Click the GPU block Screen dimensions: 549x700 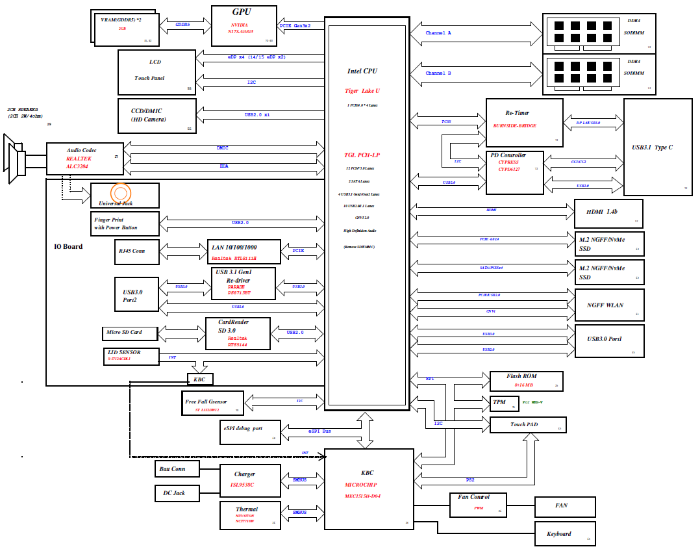244,25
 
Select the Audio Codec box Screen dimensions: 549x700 84,159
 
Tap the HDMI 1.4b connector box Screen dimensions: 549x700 608,214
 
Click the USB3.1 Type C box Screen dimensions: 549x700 657,147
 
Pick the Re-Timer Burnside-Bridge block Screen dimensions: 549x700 525,122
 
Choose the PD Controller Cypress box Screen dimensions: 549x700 514,172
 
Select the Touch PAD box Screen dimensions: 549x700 527,425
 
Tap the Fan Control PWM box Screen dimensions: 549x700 478,504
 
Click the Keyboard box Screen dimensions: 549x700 564,533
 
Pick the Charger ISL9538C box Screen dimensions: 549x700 249,479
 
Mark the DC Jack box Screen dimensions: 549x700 175,493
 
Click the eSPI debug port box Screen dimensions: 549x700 250,431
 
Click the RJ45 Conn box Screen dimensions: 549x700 136,251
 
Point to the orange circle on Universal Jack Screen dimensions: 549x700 121,193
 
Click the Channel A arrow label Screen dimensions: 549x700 438,32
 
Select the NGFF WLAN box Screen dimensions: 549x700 609,305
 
